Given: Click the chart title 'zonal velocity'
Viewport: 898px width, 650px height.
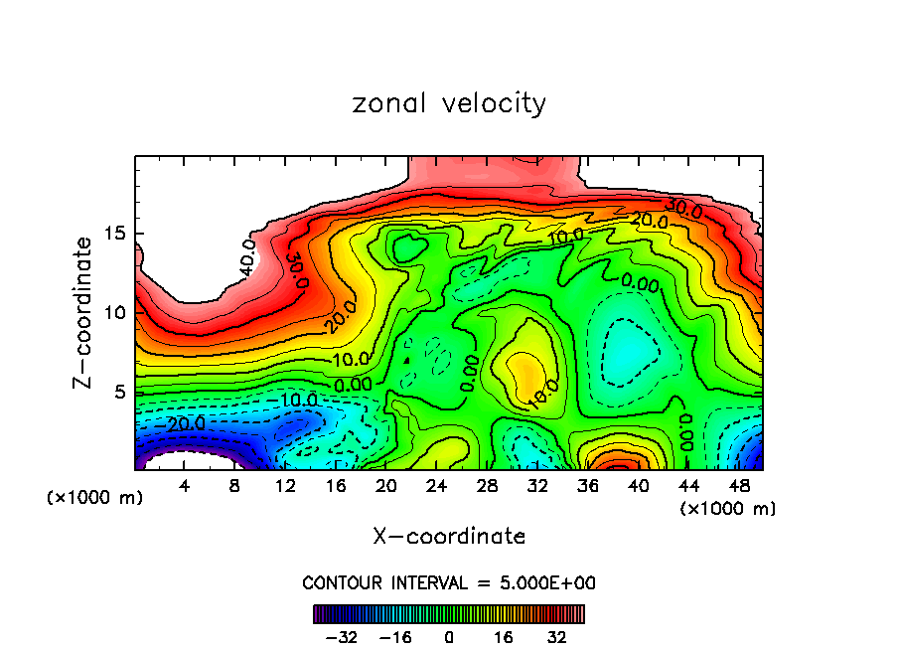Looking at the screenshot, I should point(449,103).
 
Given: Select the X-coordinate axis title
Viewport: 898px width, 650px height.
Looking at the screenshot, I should point(449,536).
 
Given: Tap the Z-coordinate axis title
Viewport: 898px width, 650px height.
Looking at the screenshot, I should point(84,312).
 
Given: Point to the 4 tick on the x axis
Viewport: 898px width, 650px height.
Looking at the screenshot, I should point(185,486).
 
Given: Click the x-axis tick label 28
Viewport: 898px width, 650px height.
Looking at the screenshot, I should point(487,486).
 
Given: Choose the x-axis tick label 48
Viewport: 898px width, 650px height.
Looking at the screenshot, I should point(738,486).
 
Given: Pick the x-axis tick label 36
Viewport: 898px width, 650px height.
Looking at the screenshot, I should point(587,486).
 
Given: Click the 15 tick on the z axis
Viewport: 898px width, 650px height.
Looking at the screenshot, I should point(116,234).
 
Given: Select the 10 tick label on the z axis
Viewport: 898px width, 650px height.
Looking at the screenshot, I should point(116,313).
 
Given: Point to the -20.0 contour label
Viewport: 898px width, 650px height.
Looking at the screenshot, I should point(185,423).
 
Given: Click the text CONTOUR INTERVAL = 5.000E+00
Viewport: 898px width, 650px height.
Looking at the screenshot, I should point(449,582).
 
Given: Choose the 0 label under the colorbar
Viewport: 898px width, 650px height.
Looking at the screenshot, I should point(449,636).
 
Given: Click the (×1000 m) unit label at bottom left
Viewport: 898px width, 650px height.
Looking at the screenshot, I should point(94,498).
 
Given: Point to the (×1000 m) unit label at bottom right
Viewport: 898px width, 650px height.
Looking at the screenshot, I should point(727,509).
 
